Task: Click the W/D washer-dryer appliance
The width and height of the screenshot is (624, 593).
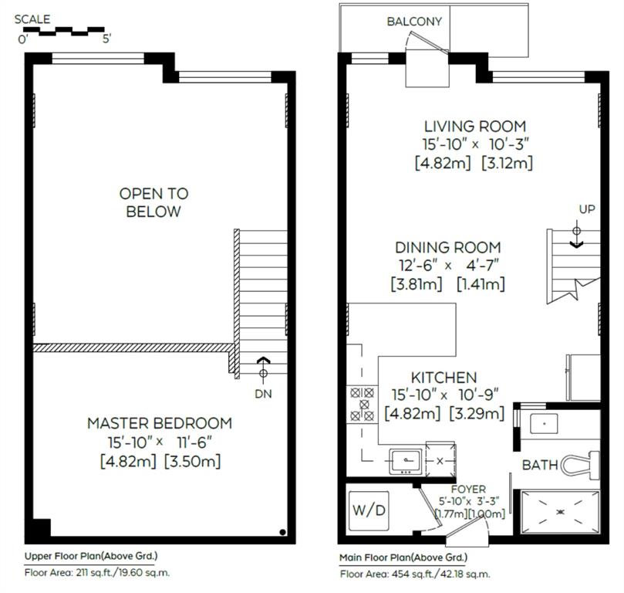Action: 369,510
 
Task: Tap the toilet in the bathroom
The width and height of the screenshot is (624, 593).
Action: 580,465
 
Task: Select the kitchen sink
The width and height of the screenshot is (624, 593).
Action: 406,461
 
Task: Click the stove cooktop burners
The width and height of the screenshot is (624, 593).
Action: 363,405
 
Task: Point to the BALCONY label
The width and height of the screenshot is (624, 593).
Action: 414,22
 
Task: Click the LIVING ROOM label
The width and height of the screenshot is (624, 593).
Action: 475,127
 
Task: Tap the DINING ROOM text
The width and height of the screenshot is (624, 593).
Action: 447,248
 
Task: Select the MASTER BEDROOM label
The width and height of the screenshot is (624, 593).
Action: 160,423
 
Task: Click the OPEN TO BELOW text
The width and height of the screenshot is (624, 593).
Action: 153,202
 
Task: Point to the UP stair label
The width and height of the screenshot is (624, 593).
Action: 587,209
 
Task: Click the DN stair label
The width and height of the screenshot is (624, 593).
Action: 263,395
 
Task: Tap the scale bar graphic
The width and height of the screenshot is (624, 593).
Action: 64,31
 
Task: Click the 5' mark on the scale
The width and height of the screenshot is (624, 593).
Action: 106,40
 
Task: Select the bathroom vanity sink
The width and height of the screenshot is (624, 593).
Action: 544,423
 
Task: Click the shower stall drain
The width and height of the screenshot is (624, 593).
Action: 560,512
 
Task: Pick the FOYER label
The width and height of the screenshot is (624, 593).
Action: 468,489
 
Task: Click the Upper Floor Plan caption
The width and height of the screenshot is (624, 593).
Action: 91,556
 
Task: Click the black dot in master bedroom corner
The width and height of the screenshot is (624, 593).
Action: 282,532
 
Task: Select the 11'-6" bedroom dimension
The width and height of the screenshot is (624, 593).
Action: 194,442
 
